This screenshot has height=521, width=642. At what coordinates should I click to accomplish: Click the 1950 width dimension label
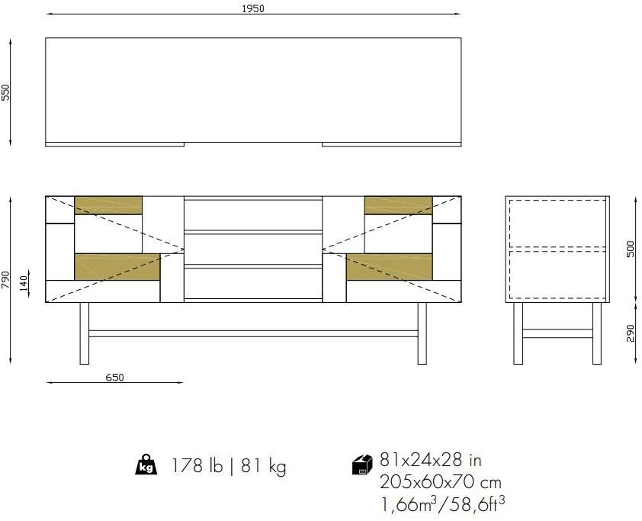[x=252, y=8]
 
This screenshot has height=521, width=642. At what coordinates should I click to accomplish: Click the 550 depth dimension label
[x=6, y=92]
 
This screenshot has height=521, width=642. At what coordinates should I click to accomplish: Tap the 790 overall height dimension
[x=6, y=279]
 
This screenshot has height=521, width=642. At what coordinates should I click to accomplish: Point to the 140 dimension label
[x=24, y=278]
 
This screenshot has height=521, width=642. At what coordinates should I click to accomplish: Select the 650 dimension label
[x=114, y=376]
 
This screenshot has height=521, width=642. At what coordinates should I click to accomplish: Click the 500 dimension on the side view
[x=630, y=249]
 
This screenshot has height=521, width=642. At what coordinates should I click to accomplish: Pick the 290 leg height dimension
[x=630, y=333]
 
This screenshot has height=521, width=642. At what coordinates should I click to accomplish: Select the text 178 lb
[x=196, y=465]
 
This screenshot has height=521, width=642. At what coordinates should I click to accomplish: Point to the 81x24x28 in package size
[x=430, y=460]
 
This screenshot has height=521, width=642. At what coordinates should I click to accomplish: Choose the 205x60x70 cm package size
[x=440, y=482]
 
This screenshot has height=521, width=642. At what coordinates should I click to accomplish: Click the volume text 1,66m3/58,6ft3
[x=442, y=503]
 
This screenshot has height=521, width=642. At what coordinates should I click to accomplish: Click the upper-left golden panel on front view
[x=108, y=205]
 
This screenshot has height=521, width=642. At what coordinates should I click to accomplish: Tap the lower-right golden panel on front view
[x=389, y=266]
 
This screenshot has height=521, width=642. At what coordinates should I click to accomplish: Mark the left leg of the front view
[x=85, y=333]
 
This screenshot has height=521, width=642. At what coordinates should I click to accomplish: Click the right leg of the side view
[x=597, y=333]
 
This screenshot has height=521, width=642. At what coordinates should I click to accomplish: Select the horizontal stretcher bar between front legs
[x=252, y=333]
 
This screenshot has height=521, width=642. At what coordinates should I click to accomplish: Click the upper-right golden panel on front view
[x=398, y=205]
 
